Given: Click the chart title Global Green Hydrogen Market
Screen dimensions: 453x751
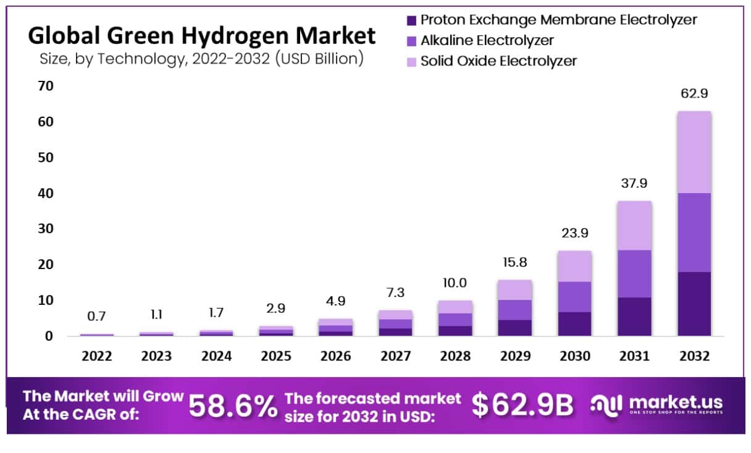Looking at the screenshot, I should click(202, 36).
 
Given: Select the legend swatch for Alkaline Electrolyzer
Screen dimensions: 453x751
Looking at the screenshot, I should click(412, 41).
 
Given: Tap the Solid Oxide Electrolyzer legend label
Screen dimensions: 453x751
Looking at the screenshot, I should click(498, 61).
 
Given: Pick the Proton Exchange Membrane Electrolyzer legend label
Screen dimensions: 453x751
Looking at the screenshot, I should click(558, 20).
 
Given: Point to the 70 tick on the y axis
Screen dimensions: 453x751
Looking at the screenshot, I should click(46, 86).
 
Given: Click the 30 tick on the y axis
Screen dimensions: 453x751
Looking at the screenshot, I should click(46, 229).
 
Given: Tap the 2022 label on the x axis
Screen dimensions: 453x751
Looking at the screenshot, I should click(96, 357).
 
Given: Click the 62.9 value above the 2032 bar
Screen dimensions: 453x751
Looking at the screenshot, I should click(694, 95).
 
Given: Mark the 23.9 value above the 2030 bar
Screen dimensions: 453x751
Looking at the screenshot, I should click(574, 234).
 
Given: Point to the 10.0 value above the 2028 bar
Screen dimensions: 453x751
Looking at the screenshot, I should click(455, 284).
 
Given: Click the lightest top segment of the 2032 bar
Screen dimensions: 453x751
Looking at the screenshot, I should click(694, 152).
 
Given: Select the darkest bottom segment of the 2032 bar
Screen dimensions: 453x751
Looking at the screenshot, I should click(694, 304).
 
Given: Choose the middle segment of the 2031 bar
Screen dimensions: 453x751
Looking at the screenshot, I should click(634, 273).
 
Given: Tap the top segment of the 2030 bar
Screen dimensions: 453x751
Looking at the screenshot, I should click(574, 266).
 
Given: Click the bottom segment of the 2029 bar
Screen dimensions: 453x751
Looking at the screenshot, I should click(514, 328).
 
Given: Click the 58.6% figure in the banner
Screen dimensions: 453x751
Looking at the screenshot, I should click(232, 406).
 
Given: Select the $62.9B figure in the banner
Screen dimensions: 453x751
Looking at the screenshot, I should click(522, 405).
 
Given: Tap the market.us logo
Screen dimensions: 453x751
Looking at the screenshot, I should click(656, 405).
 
